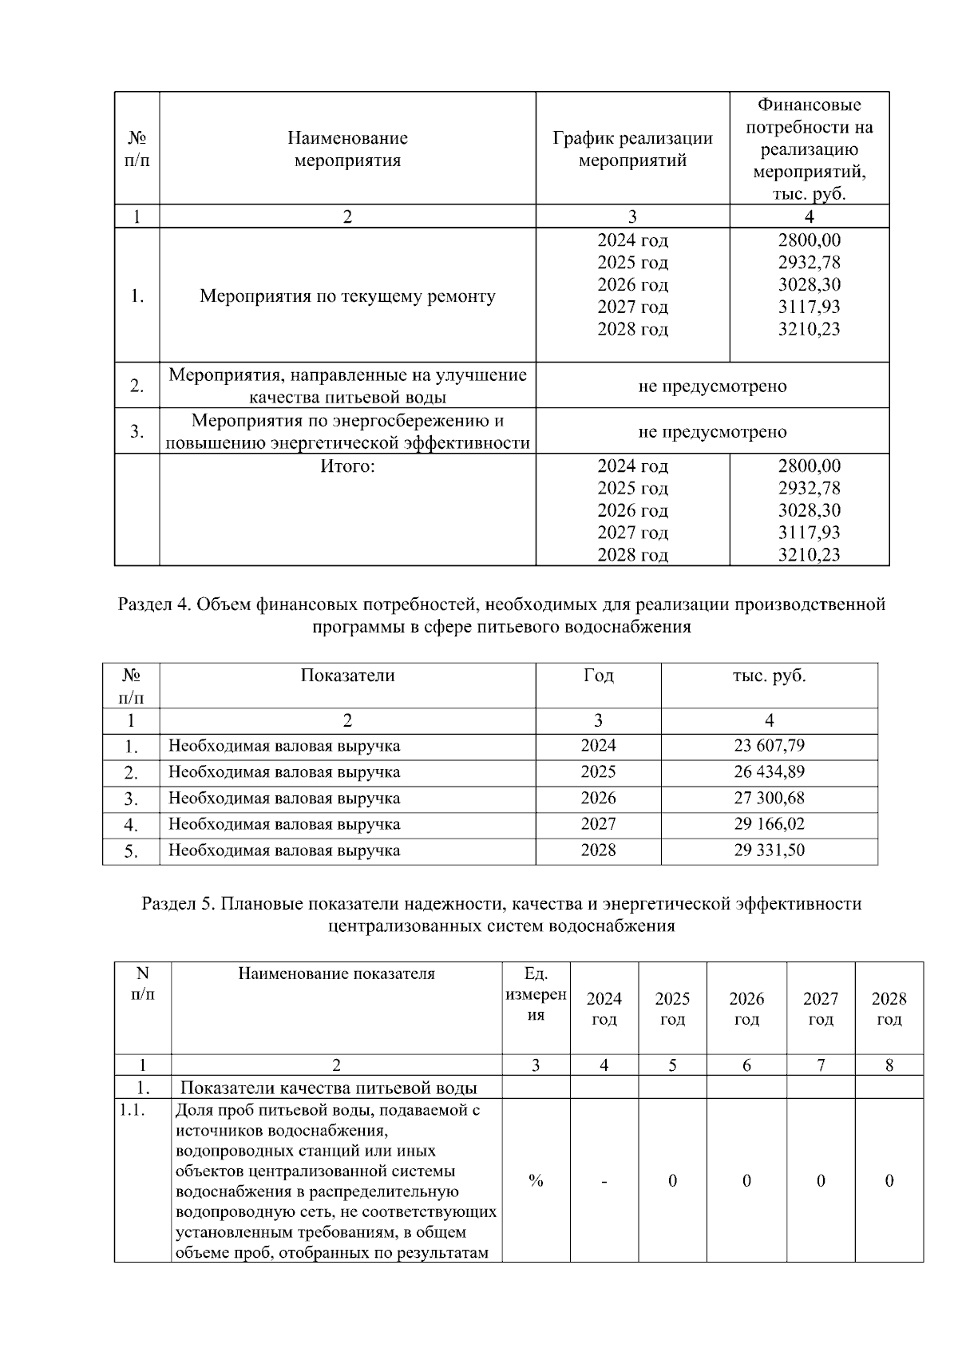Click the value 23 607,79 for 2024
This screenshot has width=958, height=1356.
769,746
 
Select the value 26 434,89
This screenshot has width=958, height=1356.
769,772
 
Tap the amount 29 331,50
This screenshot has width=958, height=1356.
769,850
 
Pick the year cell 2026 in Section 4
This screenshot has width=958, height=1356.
598,798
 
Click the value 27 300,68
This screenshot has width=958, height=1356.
769,798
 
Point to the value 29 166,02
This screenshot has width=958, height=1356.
769,824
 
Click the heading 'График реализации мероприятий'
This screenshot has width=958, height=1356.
632,149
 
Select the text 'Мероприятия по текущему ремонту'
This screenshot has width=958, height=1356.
347,296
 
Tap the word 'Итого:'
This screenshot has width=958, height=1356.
347,466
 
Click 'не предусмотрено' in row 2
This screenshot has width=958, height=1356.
712,387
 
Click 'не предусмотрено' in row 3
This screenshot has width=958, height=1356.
712,432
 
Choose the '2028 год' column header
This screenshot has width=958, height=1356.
889,1009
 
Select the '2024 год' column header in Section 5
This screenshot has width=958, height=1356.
604,1009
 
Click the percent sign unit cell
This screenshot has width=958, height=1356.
536,1180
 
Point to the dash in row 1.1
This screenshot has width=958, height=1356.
604,1180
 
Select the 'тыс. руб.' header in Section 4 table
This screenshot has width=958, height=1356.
769,676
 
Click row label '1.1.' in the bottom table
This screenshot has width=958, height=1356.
132,1110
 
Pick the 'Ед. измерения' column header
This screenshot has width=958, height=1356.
536,994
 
